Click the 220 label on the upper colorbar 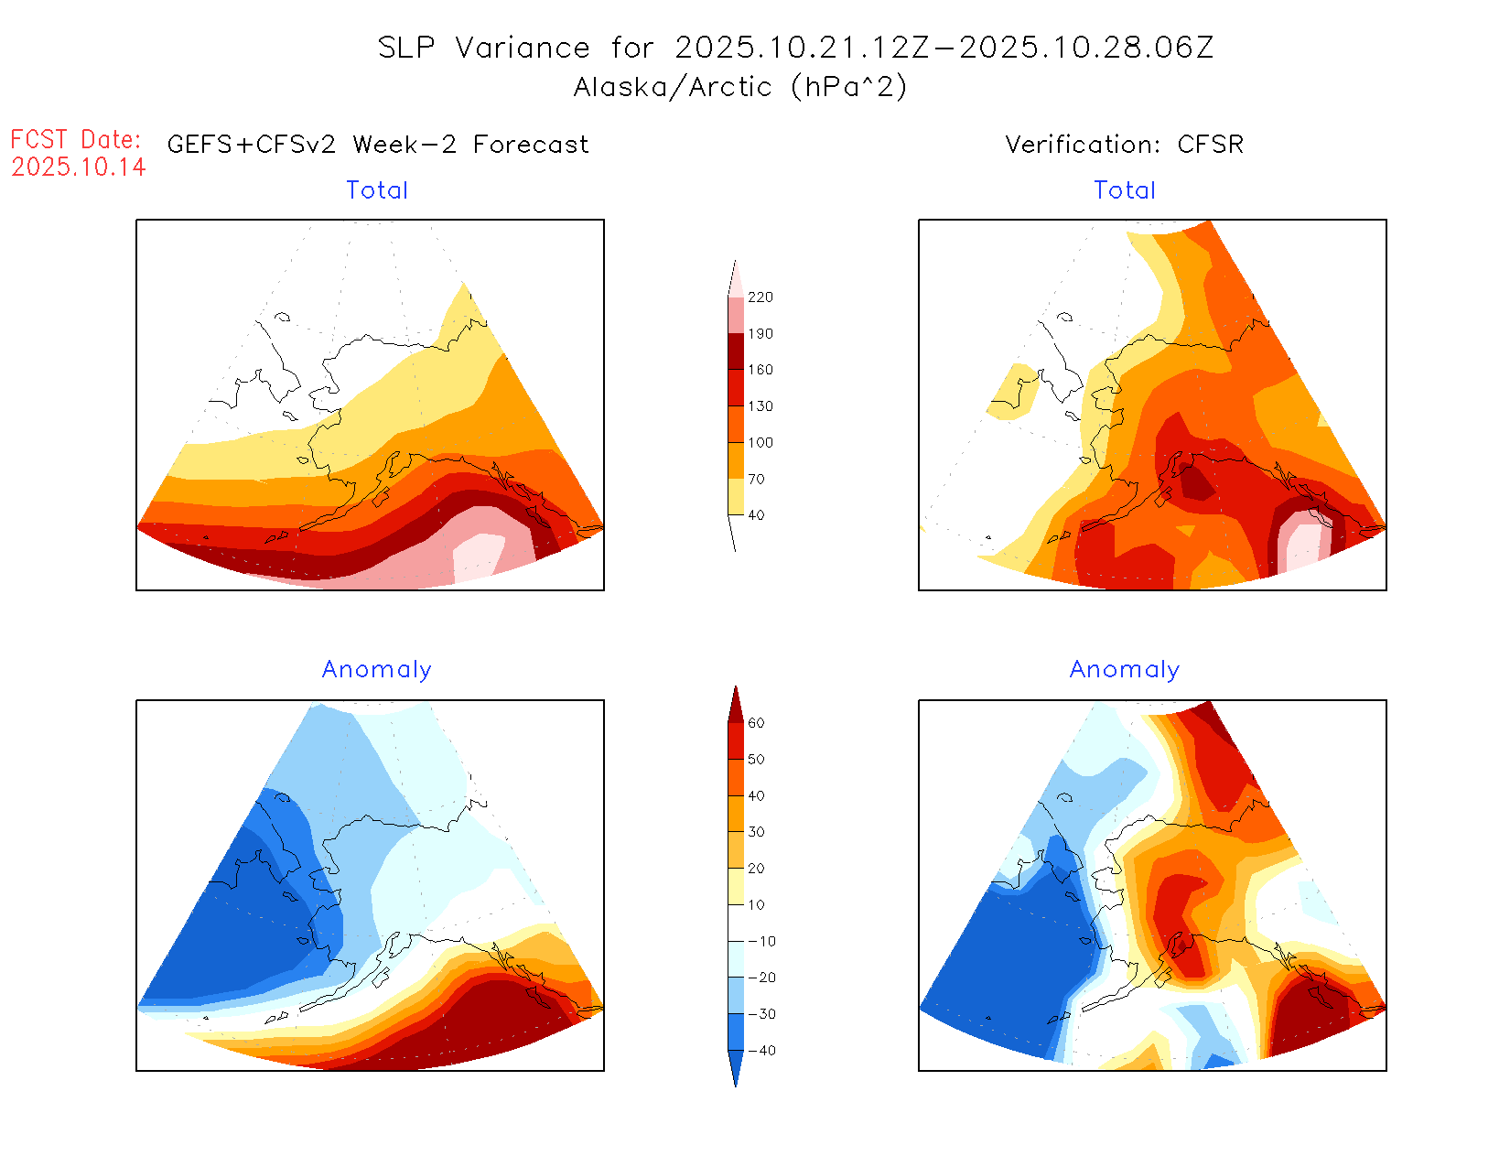tap(760, 297)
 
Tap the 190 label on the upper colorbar tap(760, 334)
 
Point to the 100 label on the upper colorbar tap(760, 443)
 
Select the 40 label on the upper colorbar tap(756, 515)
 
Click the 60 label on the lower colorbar tap(756, 723)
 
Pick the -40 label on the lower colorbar tap(761, 1051)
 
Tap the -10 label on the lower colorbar tap(761, 941)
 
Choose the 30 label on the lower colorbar tap(756, 832)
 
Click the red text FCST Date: tap(76, 140)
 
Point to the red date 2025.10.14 tap(79, 167)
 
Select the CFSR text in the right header tap(1211, 145)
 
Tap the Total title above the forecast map tap(377, 190)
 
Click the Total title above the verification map tap(1125, 190)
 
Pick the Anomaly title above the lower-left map tap(377, 670)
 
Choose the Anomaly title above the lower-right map tap(1125, 670)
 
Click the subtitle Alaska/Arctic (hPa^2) tap(740, 87)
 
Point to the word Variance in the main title tap(523, 48)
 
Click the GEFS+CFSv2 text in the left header tap(252, 145)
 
